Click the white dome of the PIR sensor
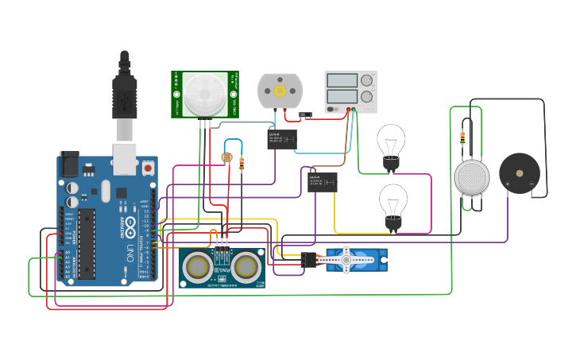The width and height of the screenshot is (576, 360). coord(203,94)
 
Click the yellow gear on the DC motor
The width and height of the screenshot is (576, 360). coord(280,91)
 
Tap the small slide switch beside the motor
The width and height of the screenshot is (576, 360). coord(303,115)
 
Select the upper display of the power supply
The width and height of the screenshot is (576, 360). coord(342,80)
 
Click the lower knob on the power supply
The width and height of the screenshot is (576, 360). coord(367,97)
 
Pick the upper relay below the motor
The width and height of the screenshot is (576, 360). coord(282,139)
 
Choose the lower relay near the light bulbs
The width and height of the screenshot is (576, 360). coord(322,182)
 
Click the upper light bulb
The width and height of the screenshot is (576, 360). coord(390,141)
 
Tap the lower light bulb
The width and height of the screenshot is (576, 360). coord(392,202)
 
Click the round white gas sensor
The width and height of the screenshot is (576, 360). coord(474,177)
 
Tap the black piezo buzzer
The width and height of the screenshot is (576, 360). coord(519,173)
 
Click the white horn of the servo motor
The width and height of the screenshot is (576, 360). coord(346,257)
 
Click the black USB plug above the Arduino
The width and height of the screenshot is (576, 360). coord(125,87)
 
